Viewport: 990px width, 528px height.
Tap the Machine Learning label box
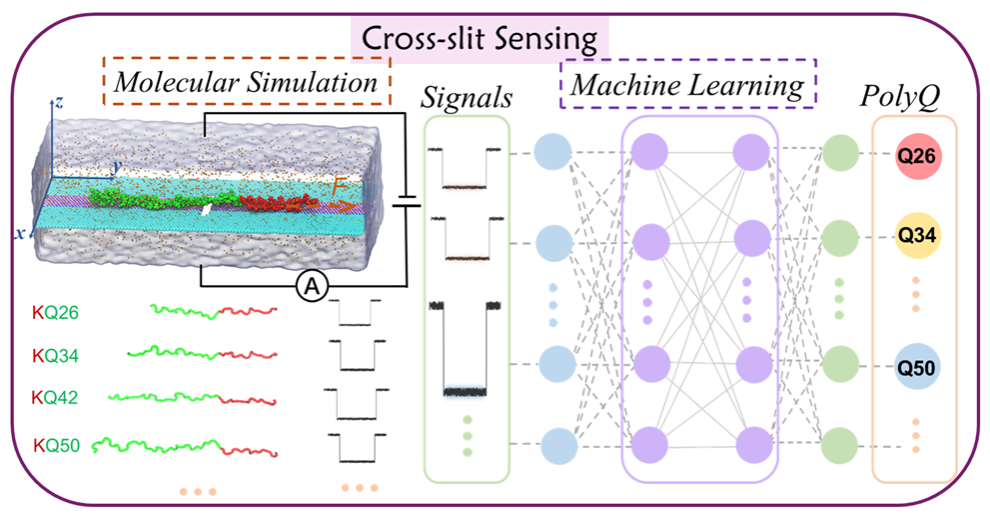pyautogui.click(x=688, y=86)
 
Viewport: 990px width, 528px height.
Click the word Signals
pyautogui.click(x=467, y=97)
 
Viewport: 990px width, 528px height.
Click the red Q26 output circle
pyautogui.click(x=915, y=157)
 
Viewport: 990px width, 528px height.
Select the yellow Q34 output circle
pyautogui.click(x=915, y=237)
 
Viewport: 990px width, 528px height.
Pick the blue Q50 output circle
pyautogui.click(x=915, y=369)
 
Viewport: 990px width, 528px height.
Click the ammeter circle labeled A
pyautogui.click(x=313, y=288)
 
